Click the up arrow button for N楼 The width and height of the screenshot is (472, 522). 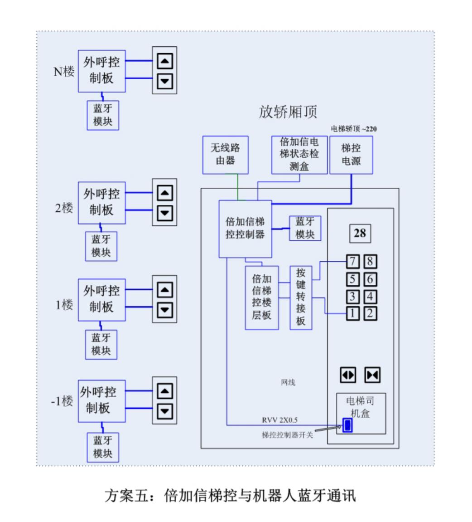pyautogui.click(x=164, y=61)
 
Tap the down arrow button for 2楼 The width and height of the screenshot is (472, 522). pyautogui.click(x=164, y=212)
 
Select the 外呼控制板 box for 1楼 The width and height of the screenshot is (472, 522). pyautogui.click(x=101, y=299)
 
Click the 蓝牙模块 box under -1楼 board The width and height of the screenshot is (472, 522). pyautogui.click(x=103, y=447)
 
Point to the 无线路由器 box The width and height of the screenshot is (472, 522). pyautogui.click(x=225, y=154)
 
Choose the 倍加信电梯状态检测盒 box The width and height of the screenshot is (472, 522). pyautogui.click(x=299, y=154)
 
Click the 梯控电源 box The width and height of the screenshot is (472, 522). pyautogui.click(x=351, y=155)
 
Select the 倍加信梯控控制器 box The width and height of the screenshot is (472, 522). pyautogui.click(x=245, y=229)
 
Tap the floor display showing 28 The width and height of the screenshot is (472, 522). pyautogui.click(x=360, y=233)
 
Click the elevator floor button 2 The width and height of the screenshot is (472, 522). pyautogui.click(x=370, y=313)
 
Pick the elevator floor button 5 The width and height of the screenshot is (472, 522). pyautogui.click(x=353, y=279)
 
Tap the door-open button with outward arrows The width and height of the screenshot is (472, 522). pyautogui.click(x=348, y=375)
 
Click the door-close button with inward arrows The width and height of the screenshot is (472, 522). pyautogui.click(x=372, y=375)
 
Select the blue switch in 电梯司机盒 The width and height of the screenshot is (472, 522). pyautogui.click(x=347, y=426)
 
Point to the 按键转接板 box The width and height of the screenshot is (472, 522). pyautogui.click(x=301, y=297)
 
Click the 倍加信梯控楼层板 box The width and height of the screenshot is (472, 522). pyautogui.click(x=262, y=297)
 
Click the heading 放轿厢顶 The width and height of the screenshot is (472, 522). pyautogui.click(x=288, y=112)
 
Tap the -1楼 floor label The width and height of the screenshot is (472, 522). pyautogui.click(x=62, y=401)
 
